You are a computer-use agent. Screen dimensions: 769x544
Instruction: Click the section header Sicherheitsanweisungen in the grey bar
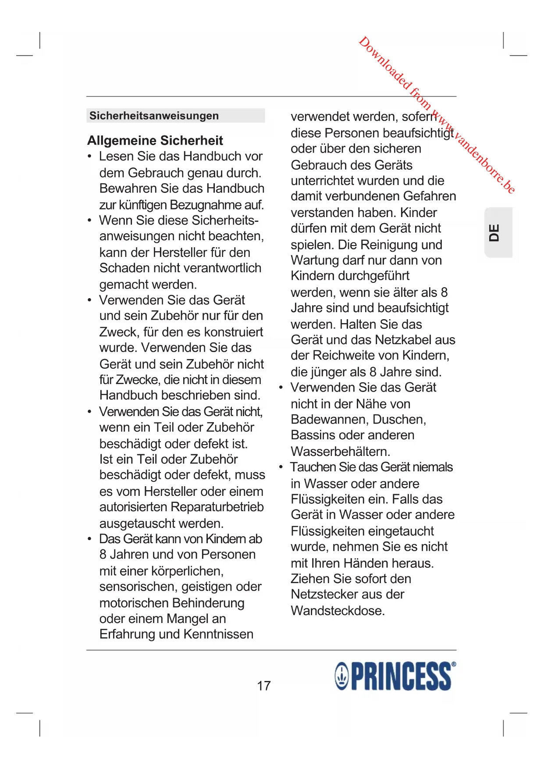[x=154, y=116]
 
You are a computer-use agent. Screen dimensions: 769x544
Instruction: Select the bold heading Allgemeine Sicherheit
[x=155, y=140]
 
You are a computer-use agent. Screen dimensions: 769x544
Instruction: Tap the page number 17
[x=264, y=686]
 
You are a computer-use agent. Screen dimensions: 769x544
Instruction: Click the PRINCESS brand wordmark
[x=401, y=676]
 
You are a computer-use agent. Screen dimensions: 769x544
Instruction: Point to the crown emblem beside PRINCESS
[x=342, y=676]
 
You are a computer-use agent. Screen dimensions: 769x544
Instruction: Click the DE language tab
[x=495, y=232]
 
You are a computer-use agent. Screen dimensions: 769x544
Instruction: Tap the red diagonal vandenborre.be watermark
[x=436, y=115]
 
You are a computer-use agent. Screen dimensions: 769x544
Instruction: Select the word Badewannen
[x=330, y=420]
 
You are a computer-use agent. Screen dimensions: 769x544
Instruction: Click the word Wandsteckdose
[x=338, y=611]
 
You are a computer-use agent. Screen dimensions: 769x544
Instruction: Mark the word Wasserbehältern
[x=340, y=452]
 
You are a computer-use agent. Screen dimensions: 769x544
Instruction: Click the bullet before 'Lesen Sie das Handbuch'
[x=90, y=157]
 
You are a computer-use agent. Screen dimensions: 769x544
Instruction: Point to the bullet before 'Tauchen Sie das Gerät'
[x=281, y=467]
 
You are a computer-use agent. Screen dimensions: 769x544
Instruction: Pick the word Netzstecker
[x=325, y=595]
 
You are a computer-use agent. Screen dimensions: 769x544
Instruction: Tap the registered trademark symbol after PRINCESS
[x=454, y=664]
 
